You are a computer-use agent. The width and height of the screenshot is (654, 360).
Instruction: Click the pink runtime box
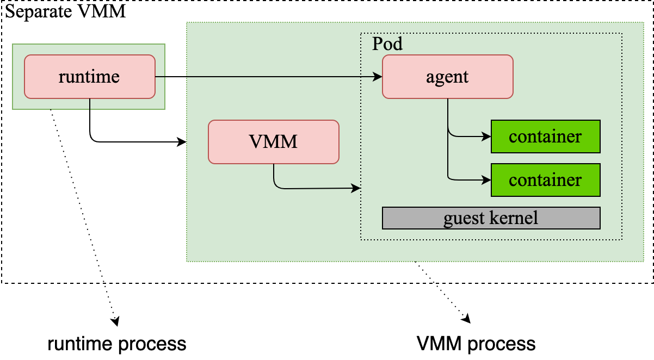coord(90,77)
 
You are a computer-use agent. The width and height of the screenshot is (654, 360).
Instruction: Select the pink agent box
coord(447,77)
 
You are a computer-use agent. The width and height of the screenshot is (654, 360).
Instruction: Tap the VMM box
coord(273,142)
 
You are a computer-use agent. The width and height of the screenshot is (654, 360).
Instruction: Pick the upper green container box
coord(545,136)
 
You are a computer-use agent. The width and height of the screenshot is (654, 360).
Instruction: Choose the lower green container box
coord(545,180)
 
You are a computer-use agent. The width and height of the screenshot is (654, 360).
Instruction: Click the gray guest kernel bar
coord(491,218)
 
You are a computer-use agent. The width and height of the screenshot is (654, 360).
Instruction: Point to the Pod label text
coord(387,44)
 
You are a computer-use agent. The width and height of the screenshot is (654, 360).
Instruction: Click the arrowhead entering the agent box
coord(378,77)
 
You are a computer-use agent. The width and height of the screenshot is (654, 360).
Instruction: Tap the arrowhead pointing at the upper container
coord(487,136)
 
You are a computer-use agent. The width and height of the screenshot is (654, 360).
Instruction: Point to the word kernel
coord(514,218)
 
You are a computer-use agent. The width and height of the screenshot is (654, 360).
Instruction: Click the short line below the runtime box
coord(90,104)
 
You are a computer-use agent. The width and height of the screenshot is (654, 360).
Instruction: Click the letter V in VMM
coord(255,142)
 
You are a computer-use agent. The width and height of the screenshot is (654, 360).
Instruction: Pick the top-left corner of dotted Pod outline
coord(361,33)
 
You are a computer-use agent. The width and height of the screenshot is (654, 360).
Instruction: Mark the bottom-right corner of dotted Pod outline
coord(621,239)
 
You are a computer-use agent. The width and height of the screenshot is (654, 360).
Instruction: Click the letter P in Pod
coord(377,44)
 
